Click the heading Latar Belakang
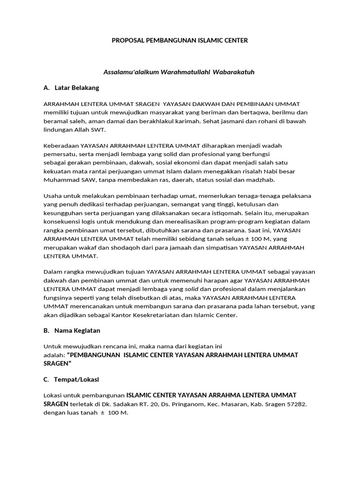[x=76, y=88]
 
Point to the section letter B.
[x=46, y=330]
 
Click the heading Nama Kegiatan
[x=77, y=330]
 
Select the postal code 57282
[x=297, y=404]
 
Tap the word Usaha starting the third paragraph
[x=52, y=195]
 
